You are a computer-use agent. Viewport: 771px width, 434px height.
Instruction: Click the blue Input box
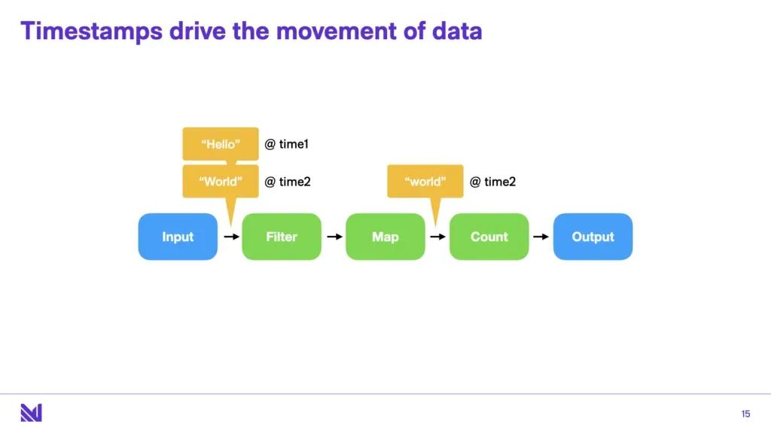(x=178, y=237)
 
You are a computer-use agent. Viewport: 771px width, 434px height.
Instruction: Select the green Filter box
(x=282, y=237)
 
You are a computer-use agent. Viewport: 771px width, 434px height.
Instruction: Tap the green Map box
(x=385, y=237)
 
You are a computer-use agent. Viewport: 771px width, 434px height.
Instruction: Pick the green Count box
(x=489, y=237)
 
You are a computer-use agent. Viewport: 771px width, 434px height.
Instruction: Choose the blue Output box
(x=593, y=237)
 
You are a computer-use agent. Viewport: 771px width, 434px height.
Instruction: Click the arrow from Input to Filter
(x=230, y=237)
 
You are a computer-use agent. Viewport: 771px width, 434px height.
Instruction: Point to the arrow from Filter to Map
(x=334, y=237)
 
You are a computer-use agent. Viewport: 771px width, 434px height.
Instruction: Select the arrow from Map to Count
(x=437, y=237)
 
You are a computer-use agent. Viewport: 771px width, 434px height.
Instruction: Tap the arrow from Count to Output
(x=541, y=237)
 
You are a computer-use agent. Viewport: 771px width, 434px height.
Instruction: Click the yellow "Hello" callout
(x=221, y=144)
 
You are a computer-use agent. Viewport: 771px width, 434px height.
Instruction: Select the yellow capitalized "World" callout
(x=221, y=182)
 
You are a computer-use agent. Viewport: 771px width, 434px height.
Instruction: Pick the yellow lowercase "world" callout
(x=425, y=182)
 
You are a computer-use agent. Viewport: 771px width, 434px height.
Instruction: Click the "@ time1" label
(x=287, y=144)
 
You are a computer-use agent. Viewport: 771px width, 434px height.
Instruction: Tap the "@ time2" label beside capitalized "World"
(x=287, y=182)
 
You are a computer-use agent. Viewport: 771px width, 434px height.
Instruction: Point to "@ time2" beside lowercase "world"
(x=492, y=182)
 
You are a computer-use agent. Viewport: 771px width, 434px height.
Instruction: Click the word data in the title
(x=456, y=31)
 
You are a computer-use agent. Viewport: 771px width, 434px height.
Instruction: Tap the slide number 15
(x=745, y=414)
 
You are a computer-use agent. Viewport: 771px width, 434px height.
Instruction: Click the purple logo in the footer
(x=31, y=413)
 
